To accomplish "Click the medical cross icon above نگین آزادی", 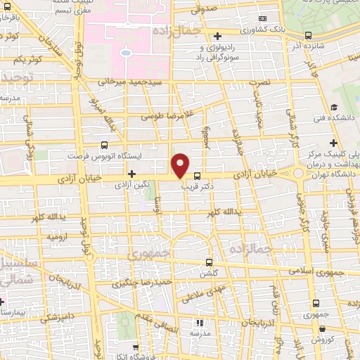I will click(131, 173).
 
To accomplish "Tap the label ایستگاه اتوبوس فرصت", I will click(104, 155).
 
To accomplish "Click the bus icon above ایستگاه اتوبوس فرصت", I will click(104, 144).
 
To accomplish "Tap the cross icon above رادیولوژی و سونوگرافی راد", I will click(218, 36).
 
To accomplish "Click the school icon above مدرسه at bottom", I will click(199, 323).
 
